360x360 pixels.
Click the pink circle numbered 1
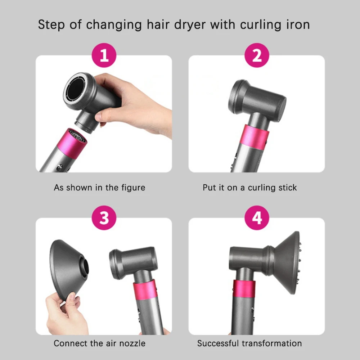point(104,56)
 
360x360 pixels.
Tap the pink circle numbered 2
point(257,56)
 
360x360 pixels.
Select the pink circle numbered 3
point(104,218)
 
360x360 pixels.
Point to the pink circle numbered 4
point(257,218)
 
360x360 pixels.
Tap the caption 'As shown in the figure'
point(99,188)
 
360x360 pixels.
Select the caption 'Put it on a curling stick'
point(249,188)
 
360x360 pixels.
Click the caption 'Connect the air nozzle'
point(99,343)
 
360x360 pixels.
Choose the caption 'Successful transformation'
point(249,343)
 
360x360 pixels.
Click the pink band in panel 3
point(145,291)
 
